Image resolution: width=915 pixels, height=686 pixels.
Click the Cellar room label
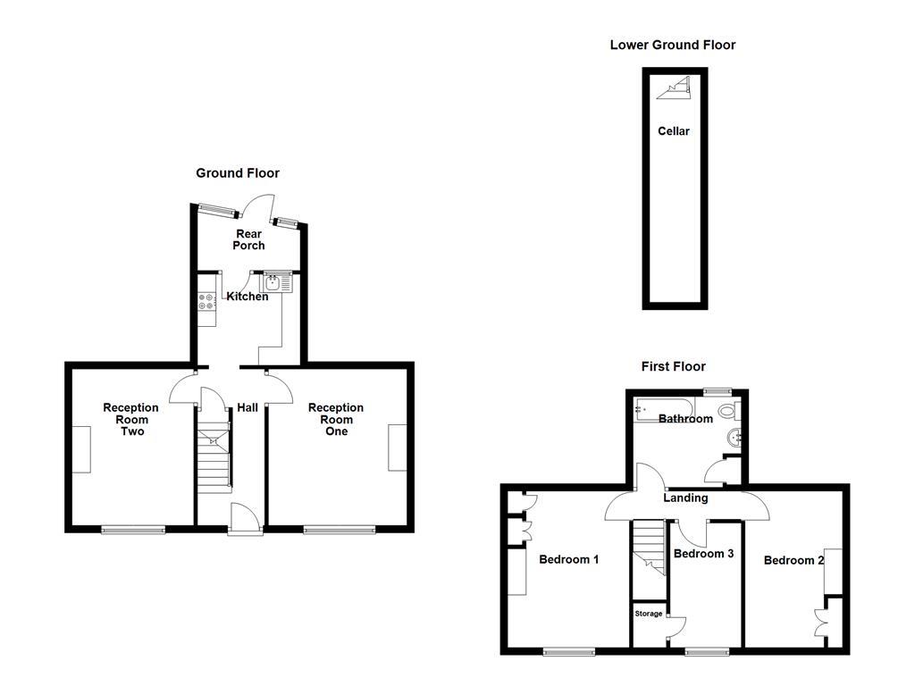[674, 131]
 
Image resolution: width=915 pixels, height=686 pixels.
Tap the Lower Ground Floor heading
[672, 45]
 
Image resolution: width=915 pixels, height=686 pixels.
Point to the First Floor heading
[673, 366]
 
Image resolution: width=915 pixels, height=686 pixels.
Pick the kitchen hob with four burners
[206, 301]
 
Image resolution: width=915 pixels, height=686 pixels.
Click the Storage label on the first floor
[649, 614]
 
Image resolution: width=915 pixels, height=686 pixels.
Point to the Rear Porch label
[248, 239]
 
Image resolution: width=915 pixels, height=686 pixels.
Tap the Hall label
[248, 407]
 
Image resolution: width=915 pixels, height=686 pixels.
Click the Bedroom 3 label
[703, 554]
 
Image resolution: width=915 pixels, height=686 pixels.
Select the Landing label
[685, 498]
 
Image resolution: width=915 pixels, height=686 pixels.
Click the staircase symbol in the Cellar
[676, 87]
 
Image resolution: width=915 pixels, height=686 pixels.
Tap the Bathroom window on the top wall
[717, 391]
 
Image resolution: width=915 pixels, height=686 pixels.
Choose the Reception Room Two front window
[133, 530]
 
